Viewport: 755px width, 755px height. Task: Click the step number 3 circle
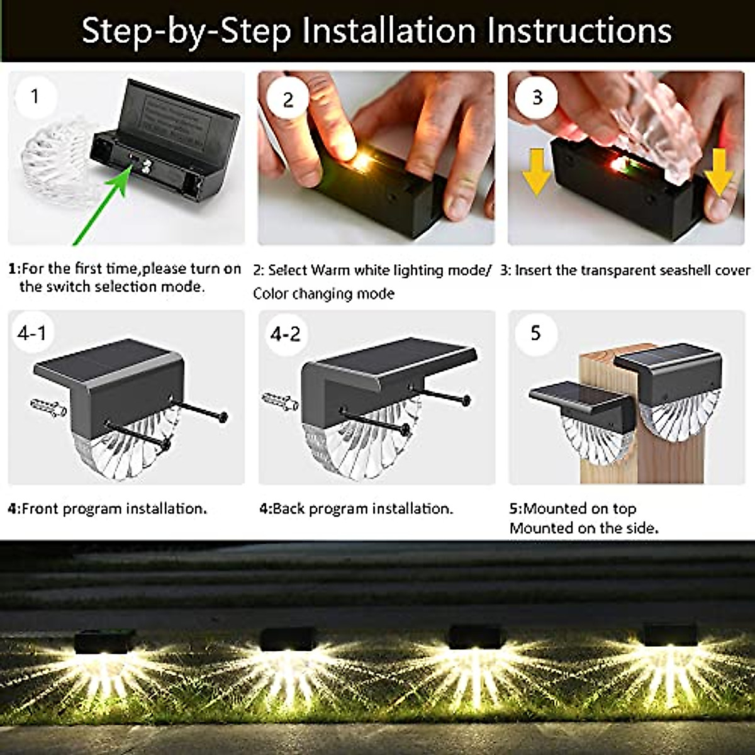[x=536, y=98]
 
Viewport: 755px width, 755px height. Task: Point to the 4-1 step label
[x=32, y=332]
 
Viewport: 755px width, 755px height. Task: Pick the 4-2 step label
[x=285, y=333]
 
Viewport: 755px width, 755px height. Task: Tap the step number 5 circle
[x=535, y=332]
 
